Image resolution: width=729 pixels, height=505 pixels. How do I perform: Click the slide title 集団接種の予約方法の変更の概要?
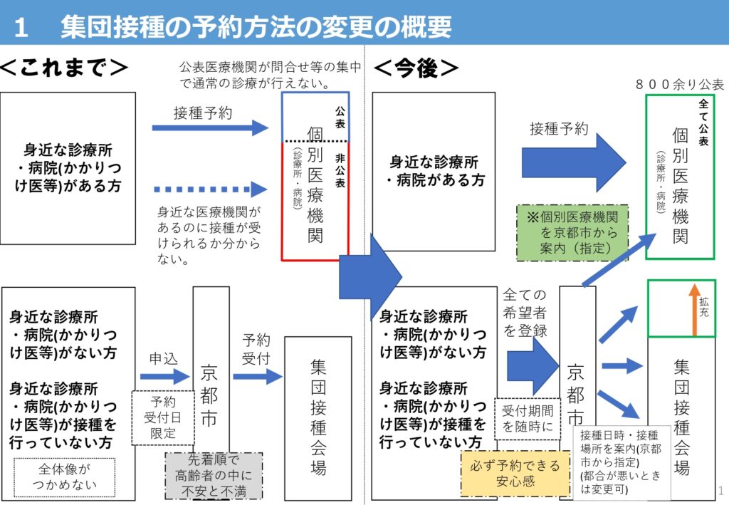[x=256, y=27]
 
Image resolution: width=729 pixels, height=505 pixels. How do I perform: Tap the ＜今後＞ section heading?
[x=416, y=68]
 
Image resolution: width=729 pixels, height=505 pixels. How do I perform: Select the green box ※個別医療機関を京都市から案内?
[x=572, y=233]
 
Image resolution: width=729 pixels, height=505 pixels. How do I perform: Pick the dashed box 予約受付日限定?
[x=162, y=417]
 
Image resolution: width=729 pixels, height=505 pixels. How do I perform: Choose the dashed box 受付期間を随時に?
[x=528, y=418]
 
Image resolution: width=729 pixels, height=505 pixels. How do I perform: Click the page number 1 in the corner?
[x=721, y=491]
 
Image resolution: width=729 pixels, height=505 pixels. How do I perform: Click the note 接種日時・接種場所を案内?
[x=621, y=462]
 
